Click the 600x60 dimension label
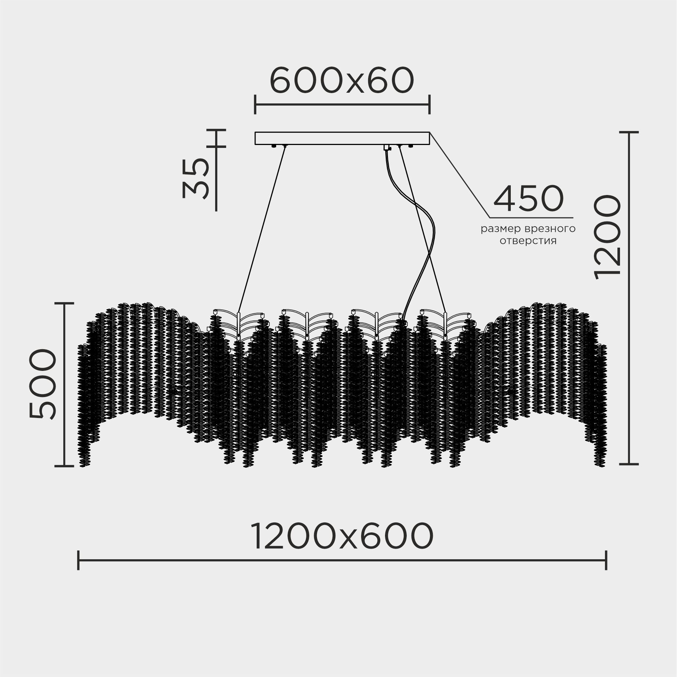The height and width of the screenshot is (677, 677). (x=342, y=80)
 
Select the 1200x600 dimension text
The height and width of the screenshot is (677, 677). (x=342, y=536)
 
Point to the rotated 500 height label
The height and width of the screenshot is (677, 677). (x=42, y=384)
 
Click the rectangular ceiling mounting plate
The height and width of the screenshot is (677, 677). (x=342, y=138)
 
